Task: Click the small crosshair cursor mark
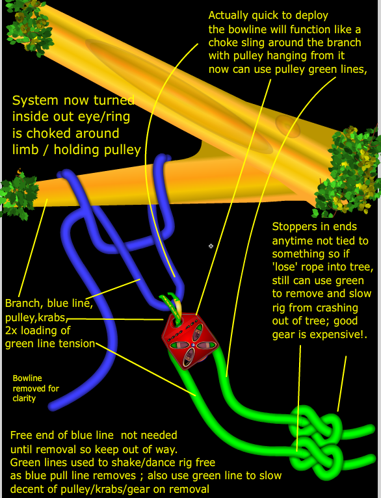tap(211, 246)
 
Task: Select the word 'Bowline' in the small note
tap(27, 378)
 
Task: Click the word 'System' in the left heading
tap(36, 101)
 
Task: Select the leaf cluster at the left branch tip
tap(18, 194)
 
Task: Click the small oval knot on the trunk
tap(287, 126)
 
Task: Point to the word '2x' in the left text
tap(12, 331)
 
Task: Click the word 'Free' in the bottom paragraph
tap(22, 435)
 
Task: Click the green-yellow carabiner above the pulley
tap(172, 304)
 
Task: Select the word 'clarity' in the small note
tap(24, 399)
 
